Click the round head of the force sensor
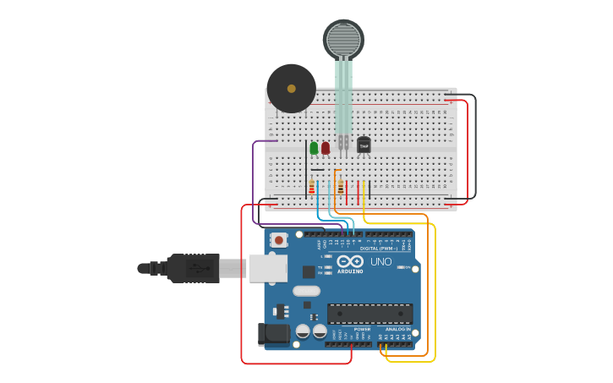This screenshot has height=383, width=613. point(343,40)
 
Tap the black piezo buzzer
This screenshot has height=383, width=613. point(291,88)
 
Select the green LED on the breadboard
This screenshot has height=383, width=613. point(314,148)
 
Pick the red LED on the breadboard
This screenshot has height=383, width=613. point(326,148)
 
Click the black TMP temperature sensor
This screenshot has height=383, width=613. point(364,145)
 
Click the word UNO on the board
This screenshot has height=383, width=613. point(381,261)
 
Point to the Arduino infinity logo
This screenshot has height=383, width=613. point(350,260)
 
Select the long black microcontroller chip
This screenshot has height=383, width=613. point(369,314)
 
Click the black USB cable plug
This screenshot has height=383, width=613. point(193,268)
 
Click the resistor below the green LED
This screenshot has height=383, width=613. point(311,187)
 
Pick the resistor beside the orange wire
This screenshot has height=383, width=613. point(340,186)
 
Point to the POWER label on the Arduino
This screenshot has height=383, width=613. point(350,329)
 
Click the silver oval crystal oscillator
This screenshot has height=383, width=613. point(306,291)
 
